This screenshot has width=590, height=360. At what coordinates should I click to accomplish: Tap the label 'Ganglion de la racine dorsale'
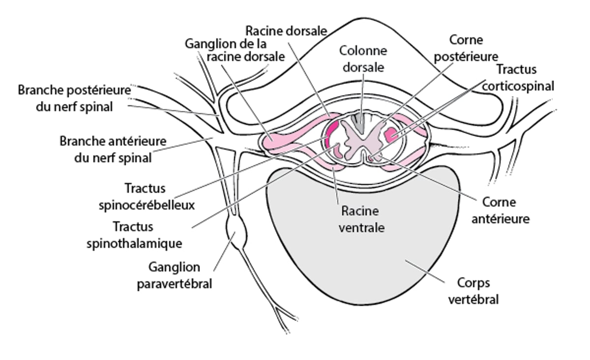tap(235, 50)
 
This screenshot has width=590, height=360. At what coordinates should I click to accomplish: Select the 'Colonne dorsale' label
tap(363, 59)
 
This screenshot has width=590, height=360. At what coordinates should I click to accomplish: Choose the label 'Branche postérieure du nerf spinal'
tap(75, 98)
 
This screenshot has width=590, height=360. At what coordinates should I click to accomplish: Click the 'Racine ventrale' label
tap(360, 219)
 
